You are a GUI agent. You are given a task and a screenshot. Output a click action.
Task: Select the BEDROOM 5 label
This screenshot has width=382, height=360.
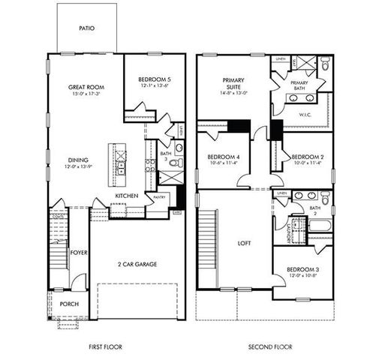(x=154, y=79)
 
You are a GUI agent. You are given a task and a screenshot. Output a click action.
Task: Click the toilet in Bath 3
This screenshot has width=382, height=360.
(x=175, y=162)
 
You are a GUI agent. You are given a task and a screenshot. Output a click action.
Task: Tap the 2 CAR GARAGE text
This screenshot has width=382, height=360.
(x=137, y=265)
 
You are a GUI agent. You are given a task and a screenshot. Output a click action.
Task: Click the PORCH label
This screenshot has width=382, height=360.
(x=69, y=304)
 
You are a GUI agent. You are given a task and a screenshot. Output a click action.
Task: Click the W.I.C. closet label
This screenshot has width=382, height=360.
(x=304, y=115)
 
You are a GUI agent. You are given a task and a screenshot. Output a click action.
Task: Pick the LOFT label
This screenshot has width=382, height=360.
(x=243, y=243)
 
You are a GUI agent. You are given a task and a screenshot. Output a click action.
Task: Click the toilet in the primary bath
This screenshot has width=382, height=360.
(x=323, y=64)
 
